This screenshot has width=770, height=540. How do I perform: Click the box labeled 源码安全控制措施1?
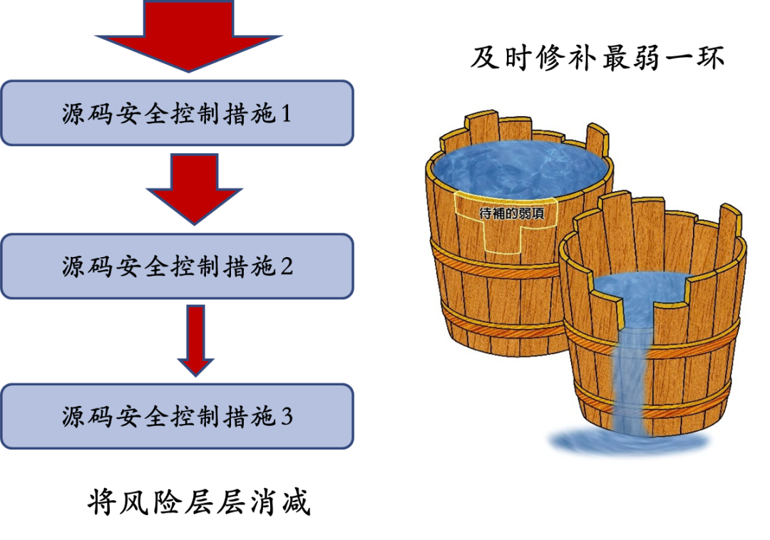(x=177, y=113)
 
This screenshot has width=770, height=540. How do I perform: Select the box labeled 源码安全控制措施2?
(x=177, y=266)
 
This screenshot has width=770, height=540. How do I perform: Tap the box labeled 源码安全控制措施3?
(x=177, y=416)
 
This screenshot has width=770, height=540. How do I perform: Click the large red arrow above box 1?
(x=189, y=36)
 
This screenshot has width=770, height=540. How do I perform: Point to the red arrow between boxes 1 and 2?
(x=194, y=189)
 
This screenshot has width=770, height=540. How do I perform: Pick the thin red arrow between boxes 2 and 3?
(x=195, y=341)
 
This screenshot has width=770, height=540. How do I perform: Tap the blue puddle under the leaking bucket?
(x=627, y=442)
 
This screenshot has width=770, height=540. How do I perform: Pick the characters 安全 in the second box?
(x=143, y=267)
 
